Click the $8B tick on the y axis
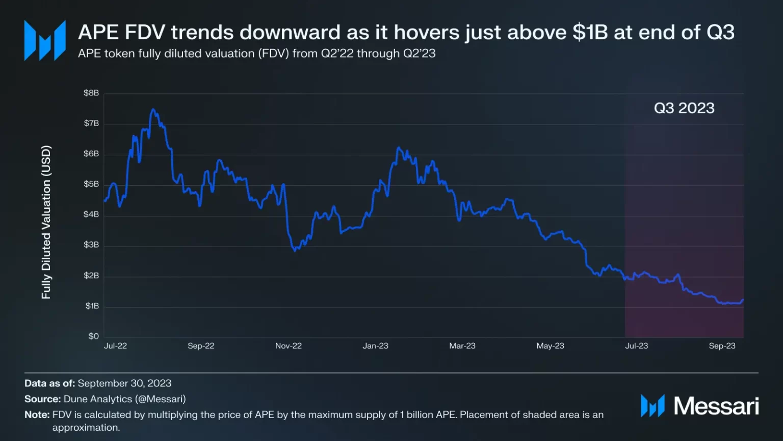tap(91, 93)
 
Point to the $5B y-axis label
tap(91, 184)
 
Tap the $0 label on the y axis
tap(93, 336)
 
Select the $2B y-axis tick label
tap(91, 276)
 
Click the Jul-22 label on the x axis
tap(115, 346)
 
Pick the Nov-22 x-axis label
tap(289, 346)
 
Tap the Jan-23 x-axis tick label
tap(375, 346)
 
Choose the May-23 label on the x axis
tap(550, 346)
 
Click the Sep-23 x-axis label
tap(722, 346)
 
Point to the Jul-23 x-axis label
tap(636, 346)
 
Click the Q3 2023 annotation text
tap(684, 108)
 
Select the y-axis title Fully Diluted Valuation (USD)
tap(46, 222)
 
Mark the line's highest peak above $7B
tap(153, 109)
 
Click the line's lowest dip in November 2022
tap(295, 251)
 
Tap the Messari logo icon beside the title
tap(45, 40)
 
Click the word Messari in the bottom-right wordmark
tap(716, 406)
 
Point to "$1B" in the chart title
tap(590, 32)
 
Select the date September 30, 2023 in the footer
tap(124, 383)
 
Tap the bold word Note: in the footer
tap(37, 414)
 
